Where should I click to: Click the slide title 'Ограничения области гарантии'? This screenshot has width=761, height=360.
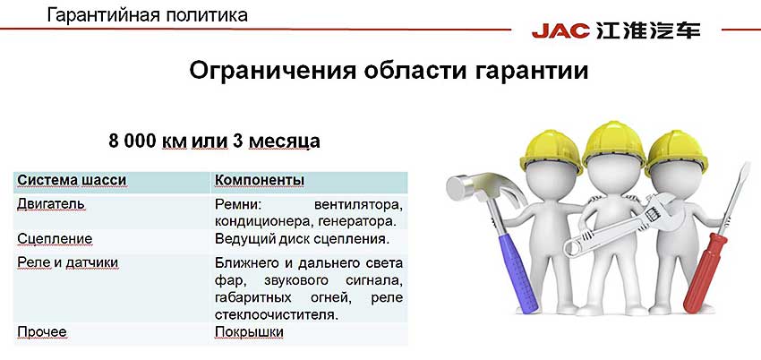point(389,71)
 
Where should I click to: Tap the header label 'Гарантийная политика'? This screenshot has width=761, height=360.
point(148,15)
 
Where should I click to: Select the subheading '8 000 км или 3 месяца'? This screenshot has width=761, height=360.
point(214,141)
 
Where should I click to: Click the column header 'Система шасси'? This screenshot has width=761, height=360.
point(72,181)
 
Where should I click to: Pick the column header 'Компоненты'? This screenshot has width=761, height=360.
point(260,181)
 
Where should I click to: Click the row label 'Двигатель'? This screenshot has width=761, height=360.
point(51,204)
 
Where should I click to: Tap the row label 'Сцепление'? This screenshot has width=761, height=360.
point(55,239)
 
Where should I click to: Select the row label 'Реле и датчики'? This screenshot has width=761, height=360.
point(68,262)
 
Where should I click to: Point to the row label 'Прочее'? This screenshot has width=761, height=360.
point(42,332)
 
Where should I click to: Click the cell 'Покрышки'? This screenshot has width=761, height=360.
point(249,332)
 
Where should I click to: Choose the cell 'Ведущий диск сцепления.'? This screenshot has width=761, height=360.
point(303,239)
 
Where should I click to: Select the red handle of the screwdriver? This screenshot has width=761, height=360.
point(702,273)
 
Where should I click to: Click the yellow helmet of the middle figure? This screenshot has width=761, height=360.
point(614,144)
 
